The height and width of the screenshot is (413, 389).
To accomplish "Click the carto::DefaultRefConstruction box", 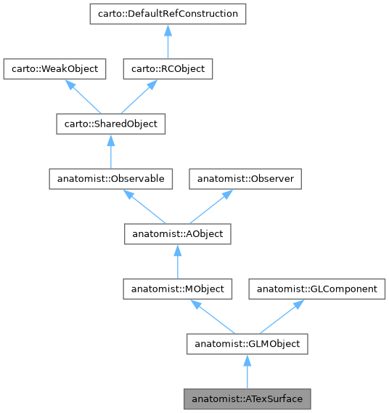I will (x=168, y=14).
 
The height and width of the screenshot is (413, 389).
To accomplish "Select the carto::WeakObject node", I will (x=55, y=69).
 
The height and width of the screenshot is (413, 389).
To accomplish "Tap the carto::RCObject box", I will (x=168, y=69).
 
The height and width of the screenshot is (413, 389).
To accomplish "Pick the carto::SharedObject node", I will (x=110, y=124).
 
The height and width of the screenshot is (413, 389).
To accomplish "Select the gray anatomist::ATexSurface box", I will (x=247, y=399).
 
